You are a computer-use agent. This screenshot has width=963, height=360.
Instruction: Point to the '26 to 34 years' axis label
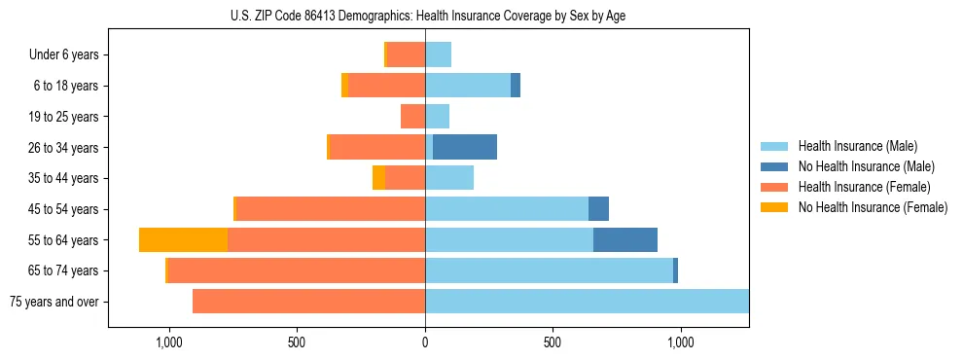click(x=63, y=147)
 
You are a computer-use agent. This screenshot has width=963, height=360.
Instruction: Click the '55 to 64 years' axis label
click(x=63, y=239)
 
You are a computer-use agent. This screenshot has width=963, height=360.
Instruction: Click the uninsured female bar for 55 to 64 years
click(x=183, y=239)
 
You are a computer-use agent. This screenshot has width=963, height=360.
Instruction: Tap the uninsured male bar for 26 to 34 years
click(x=465, y=147)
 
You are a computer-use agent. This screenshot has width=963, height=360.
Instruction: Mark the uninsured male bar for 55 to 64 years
click(x=625, y=239)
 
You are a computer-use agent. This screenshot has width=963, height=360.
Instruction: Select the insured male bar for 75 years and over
click(x=587, y=302)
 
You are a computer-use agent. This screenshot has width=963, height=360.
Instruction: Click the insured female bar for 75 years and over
click(x=308, y=302)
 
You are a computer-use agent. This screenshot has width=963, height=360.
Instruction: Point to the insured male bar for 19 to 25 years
click(x=437, y=117)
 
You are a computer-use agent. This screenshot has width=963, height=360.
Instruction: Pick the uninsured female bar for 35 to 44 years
click(x=378, y=178)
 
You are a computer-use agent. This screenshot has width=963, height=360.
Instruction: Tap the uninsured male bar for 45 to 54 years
click(x=598, y=209)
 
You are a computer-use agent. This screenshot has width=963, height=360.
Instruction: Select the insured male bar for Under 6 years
click(x=438, y=54)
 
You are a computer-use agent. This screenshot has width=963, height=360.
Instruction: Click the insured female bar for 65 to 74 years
click(x=297, y=270)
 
